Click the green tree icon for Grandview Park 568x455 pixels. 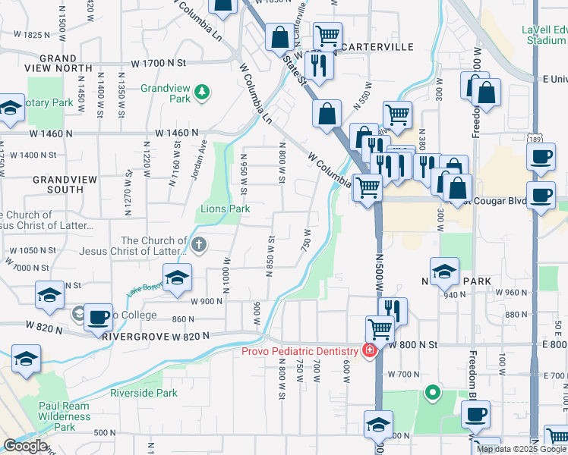click(x=201, y=93)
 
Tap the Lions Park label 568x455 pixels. click(x=225, y=209)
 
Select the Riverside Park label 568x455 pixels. click(x=144, y=393)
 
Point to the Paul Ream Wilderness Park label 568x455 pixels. click(x=65, y=416)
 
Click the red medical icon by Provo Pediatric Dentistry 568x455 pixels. click(x=369, y=351)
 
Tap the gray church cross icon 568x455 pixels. click(x=199, y=244)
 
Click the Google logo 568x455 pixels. click(x=24, y=446)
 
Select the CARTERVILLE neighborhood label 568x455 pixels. click(x=377, y=47)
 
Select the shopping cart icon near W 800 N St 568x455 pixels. click(x=380, y=328)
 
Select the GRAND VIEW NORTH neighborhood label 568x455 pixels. click(x=58, y=63)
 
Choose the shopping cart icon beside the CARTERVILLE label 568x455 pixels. click(x=327, y=35)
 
